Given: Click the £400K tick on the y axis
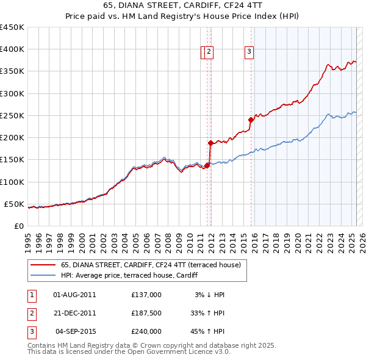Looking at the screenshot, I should (x=12, y=49).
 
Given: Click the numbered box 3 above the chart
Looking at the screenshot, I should (x=249, y=52).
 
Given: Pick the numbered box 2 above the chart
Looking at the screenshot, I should (x=209, y=52).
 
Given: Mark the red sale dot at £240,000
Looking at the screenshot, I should (x=251, y=120).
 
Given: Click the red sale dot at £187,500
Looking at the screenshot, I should (x=210, y=143).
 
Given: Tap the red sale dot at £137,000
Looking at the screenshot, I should (x=207, y=165).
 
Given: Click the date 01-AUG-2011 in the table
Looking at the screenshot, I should (x=75, y=295).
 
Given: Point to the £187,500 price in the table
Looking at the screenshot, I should (x=146, y=313).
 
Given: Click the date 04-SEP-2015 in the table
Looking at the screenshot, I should (x=75, y=331).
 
